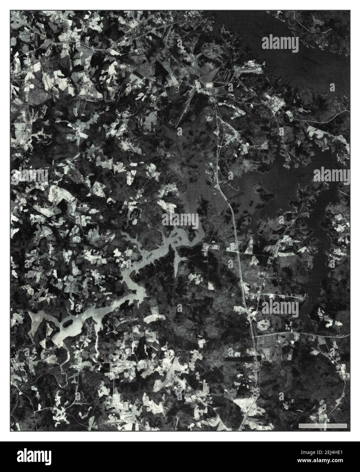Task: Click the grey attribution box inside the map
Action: coord(322,425)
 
